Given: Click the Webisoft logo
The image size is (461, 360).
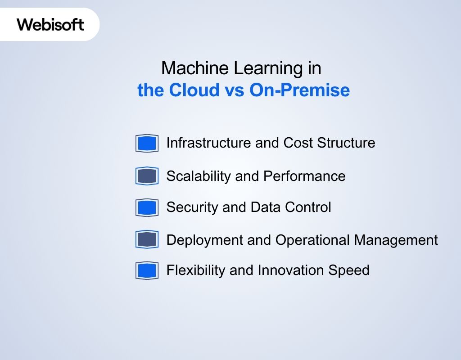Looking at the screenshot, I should pos(50,24).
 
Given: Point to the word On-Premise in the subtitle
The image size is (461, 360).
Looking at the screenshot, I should pos(299,90).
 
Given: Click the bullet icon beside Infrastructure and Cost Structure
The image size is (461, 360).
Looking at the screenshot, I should pos(147,144).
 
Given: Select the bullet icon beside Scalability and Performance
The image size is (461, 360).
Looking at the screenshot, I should pos(147,176).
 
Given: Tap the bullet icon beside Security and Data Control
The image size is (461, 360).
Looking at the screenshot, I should pos(147,207).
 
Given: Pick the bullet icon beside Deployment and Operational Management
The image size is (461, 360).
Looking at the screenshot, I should pos(147,239).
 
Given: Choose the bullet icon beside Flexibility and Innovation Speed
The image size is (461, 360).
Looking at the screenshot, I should pos(147,270).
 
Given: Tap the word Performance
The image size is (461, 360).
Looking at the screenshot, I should pos(304,176).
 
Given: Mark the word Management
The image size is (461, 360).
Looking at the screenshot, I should pos(396,240).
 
